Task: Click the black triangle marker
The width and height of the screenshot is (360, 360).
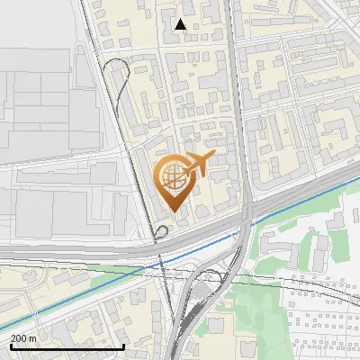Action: pyautogui.click(x=181, y=24)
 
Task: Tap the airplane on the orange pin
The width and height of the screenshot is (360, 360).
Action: pyautogui.click(x=199, y=164)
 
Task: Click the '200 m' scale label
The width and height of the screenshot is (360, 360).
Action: pyautogui.click(x=23, y=337)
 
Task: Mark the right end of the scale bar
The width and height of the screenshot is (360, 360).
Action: pyautogui.click(x=123, y=346)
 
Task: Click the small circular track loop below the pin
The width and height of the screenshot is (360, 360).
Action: pyautogui.click(x=161, y=234)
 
